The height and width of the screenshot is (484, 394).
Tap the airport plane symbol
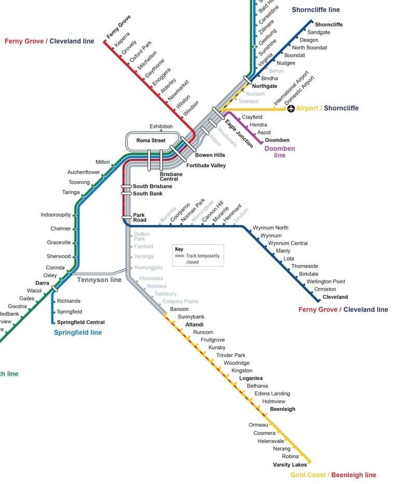click(x=291, y=108)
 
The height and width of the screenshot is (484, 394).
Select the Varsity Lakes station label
click(x=290, y=464)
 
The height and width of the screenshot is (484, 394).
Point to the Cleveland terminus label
click(x=335, y=297)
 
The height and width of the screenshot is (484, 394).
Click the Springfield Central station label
click(x=80, y=322)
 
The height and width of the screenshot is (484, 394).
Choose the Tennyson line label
click(x=99, y=280)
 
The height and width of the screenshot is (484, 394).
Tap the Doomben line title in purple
click(x=280, y=152)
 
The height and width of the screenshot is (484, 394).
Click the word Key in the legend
click(x=179, y=250)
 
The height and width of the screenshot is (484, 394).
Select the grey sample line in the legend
click(x=180, y=256)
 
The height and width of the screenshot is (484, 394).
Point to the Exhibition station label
click(x=161, y=127)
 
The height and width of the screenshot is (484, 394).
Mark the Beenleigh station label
click(x=282, y=409)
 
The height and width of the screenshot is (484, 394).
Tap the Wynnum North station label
click(x=270, y=228)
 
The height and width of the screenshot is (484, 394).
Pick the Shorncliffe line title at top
click(x=316, y=10)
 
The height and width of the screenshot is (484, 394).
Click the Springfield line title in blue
click(x=78, y=333)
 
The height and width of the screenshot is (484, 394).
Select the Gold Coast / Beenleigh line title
click(x=333, y=475)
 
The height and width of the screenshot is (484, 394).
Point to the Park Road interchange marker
click(x=127, y=217)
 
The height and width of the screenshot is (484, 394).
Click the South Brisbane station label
click(x=152, y=186)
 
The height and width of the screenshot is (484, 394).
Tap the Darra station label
click(x=42, y=283)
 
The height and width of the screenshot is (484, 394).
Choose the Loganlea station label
click(x=251, y=378)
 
